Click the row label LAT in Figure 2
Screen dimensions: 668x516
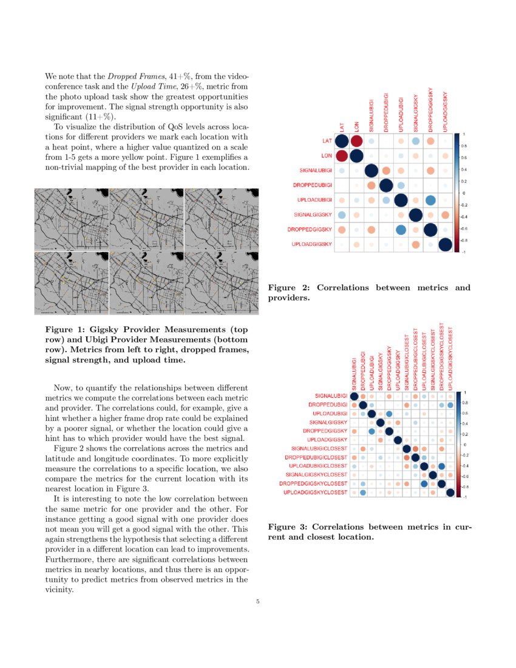point(327,141)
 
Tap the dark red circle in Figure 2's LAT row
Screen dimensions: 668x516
point(356,141)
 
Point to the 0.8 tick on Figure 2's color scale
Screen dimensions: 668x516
point(464,146)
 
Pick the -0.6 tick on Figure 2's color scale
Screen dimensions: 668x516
point(464,228)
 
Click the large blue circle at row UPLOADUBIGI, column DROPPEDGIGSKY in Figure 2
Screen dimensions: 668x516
point(430,200)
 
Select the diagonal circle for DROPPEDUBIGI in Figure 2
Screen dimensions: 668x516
point(385,185)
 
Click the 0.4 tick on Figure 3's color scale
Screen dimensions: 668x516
point(466,423)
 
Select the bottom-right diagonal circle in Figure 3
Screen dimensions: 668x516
point(450,492)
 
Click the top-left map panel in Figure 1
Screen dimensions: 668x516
point(72,219)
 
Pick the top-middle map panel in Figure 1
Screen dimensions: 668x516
point(146,219)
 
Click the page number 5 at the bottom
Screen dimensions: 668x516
point(258,602)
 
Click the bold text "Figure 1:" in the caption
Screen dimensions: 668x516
point(65,329)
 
